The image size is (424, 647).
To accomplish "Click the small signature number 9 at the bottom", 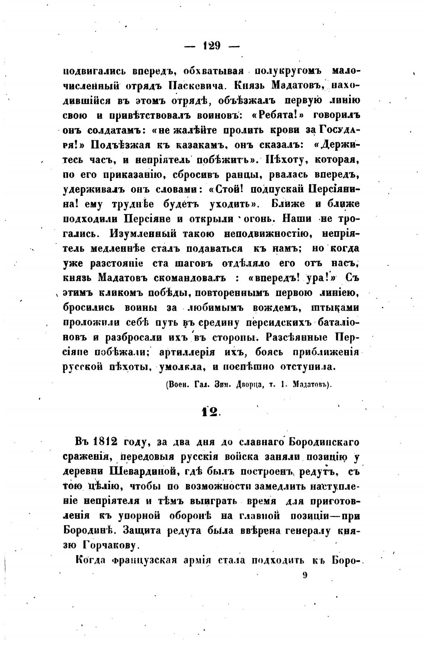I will pos(305,575).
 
